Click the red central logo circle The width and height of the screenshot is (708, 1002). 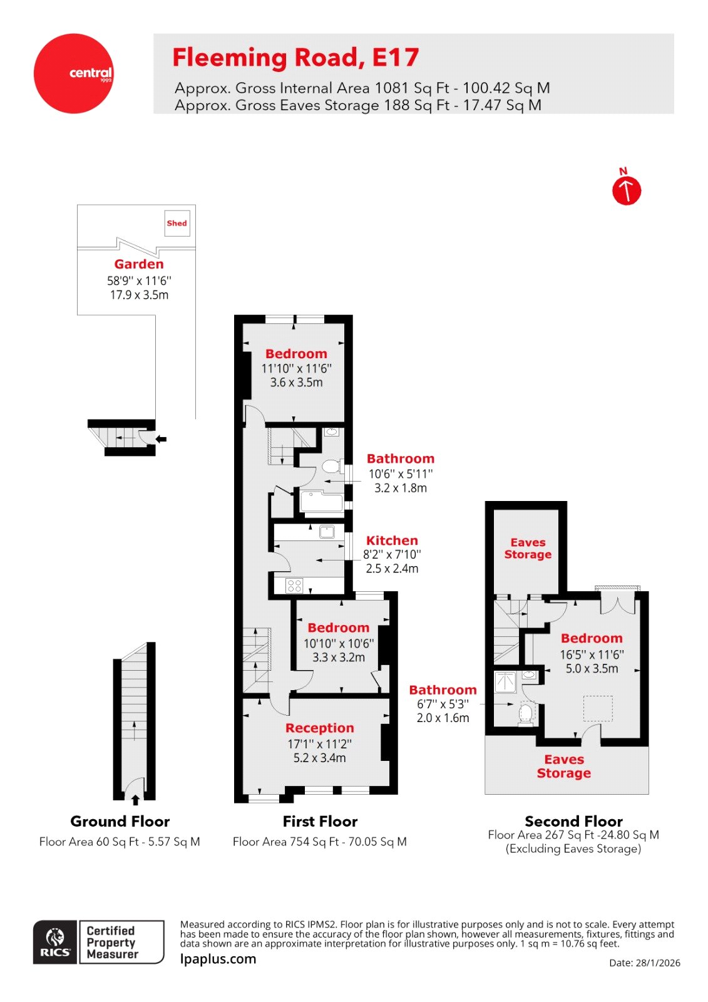coord(74,73)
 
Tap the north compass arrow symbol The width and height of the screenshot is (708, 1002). coord(626,190)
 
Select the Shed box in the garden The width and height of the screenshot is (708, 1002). coord(177,223)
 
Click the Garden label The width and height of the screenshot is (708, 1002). coord(139,264)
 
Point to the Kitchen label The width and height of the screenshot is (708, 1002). coord(392,540)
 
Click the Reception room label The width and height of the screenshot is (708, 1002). coord(320,728)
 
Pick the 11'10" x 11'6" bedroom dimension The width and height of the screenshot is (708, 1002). coord(296,369)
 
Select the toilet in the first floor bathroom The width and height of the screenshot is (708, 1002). coord(331,467)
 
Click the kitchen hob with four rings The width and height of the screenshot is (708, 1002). coord(294,586)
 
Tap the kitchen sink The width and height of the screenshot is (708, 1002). coord(327,532)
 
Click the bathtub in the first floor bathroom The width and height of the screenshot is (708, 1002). coord(322,502)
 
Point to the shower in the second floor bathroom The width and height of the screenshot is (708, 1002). coord(505,682)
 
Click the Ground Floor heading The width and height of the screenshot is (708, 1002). coord(120,822)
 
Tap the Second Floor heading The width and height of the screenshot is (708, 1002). coord(573,821)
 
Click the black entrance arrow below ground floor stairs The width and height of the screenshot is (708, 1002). coord(135,800)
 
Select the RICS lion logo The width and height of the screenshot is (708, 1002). coord(56,942)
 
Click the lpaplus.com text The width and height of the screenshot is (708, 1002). coord(218,959)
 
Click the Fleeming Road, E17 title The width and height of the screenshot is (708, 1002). coord(295,58)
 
